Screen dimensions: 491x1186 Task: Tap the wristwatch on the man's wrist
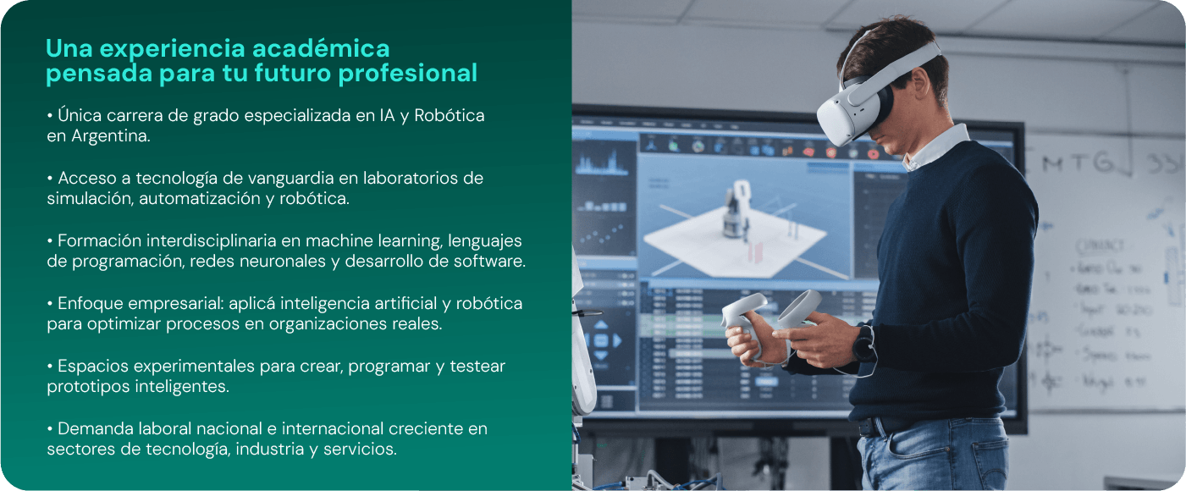coord(863,344)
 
